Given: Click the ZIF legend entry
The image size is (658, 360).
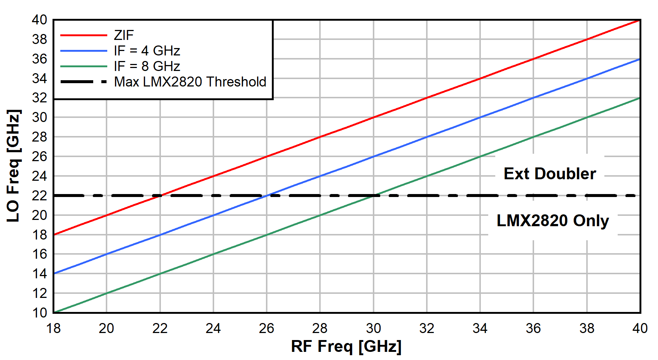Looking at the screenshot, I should coord(124,35).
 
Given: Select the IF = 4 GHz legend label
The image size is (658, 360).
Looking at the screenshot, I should coord(147,51).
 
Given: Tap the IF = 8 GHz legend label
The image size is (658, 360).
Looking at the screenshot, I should coord(147,66).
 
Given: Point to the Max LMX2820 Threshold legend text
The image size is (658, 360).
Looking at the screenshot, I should coord(190,82).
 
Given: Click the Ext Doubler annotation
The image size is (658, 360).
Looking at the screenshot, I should coord(550,174).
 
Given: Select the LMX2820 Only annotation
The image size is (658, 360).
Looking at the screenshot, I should coord(553,221).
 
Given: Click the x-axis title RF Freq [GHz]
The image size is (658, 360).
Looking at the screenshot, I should coord(346,346).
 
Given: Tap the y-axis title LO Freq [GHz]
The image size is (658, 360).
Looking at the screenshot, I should coord(13,166).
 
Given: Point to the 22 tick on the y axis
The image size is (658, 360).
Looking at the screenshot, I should coord(40,196).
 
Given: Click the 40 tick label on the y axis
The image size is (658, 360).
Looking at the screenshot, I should coord(40,20).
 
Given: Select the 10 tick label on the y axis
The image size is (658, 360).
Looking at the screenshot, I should coord(40,313).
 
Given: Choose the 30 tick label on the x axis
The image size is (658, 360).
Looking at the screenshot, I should coord(373,328).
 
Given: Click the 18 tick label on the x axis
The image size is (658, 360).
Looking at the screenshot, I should coord(53,328).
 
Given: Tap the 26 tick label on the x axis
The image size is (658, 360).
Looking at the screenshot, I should coord(266,328).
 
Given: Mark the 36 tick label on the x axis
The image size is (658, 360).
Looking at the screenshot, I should coord(533,328).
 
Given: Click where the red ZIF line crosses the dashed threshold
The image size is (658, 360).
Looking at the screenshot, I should coord(160,195).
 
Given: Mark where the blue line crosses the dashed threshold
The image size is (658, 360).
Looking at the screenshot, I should coord(267,195).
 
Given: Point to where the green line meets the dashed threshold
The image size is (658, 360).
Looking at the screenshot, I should coord(374,195).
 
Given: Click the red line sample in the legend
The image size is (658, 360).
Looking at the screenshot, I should coord(84,35).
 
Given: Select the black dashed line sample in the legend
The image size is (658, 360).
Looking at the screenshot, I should coord(84,82).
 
